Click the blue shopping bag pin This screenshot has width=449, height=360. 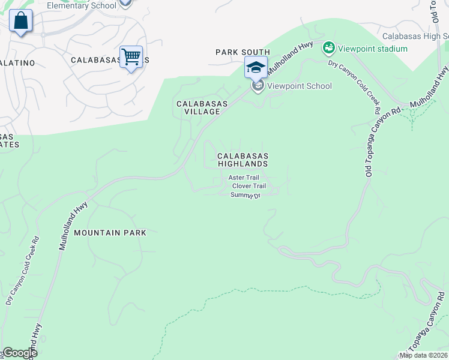[x=21, y=21]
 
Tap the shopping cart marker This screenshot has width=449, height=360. [x=131, y=58]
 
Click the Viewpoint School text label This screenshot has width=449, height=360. [x=299, y=86]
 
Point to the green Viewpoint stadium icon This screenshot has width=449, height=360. [x=328, y=47]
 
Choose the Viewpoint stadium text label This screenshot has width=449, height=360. [x=369, y=48]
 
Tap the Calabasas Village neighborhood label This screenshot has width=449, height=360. [x=202, y=107]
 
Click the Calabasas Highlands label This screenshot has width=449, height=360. [x=242, y=159]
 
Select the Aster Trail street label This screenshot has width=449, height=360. [x=244, y=178]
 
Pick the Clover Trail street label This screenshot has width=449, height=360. [x=249, y=186]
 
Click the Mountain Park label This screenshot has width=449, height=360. [x=110, y=232]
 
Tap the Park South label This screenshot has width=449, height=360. [x=243, y=53]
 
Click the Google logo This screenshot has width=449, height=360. [x=19, y=353]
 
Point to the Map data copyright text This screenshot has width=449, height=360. [x=423, y=355]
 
